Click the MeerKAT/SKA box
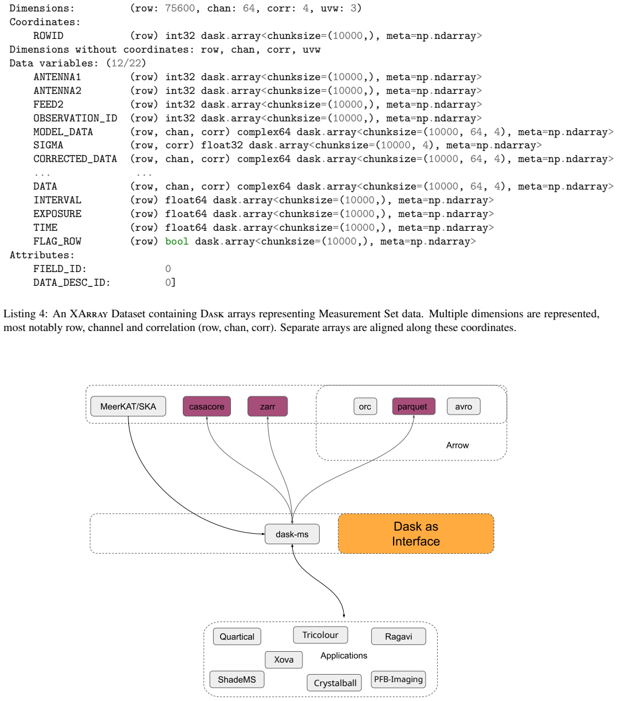pyautogui.click(x=128, y=406)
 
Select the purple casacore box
pyautogui.click(x=207, y=406)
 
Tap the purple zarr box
pyautogui.click(x=268, y=406)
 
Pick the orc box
pyautogui.click(x=365, y=406)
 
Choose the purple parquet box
pyautogui.click(x=414, y=406)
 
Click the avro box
pyautogui.click(x=463, y=406)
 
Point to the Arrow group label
pyautogui.click(x=457, y=445)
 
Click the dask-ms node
pyautogui.click(x=292, y=534)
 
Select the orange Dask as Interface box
pyautogui.click(x=416, y=533)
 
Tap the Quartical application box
pyautogui.click(x=237, y=636)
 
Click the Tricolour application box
pyautogui.click(x=320, y=635)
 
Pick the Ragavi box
pyautogui.click(x=398, y=636)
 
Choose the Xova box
pyautogui.click(x=284, y=660)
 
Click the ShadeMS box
pyautogui.click(x=237, y=679)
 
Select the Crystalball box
pyautogui.click(x=335, y=683)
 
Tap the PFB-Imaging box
pyautogui.click(x=398, y=679)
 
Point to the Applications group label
pyautogui.click(x=344, y=655)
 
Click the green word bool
pyautogui.click(x=177, y=241)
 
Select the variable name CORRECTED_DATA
pyautogui.click(x=75, y=159)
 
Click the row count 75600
pyautogui.click(x=179, y=8)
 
